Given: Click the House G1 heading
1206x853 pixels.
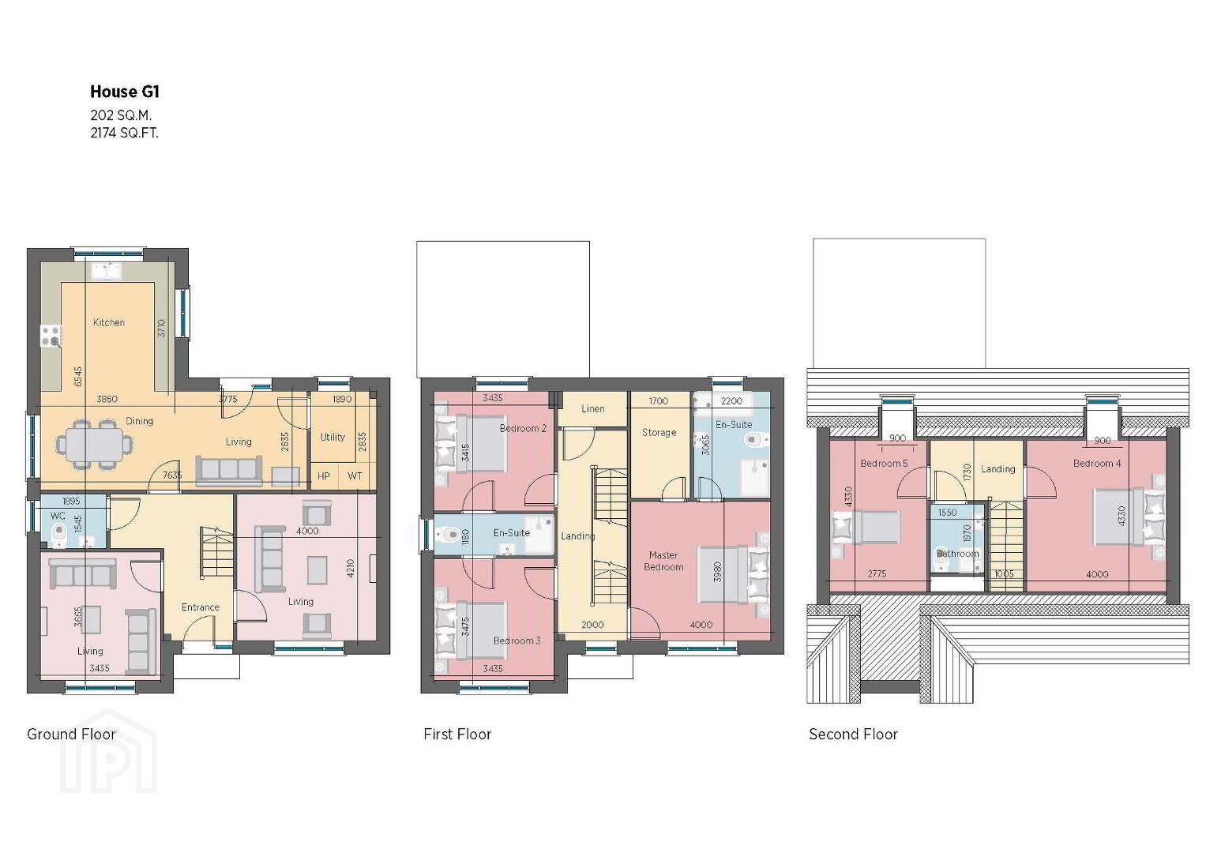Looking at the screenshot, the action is point(124,92).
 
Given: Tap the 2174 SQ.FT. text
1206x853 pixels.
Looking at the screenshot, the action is point(124,133).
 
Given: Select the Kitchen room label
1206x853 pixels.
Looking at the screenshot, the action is point(109,322).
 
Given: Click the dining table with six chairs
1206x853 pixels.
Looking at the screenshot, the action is point(95,444).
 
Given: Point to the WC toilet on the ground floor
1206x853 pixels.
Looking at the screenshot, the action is point(58,533).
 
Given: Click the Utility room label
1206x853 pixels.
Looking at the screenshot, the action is point(332,438).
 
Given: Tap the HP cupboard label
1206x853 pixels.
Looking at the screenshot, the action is point(324,476).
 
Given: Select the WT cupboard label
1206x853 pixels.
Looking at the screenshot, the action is point(355,476).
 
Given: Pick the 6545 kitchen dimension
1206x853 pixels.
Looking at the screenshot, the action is point(79,377).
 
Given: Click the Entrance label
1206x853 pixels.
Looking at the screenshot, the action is point(201,607).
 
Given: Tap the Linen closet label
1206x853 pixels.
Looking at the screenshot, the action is point(593,409).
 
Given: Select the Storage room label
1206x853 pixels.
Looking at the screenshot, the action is point(659,433).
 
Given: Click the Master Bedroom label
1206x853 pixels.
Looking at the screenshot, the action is point(663,561).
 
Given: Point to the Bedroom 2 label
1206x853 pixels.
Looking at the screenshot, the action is point(523,429).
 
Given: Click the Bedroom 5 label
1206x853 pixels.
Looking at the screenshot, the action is point(884,463).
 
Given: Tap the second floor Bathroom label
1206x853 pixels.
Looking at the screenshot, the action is point(957,554).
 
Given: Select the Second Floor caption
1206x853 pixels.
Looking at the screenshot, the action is point(853,735).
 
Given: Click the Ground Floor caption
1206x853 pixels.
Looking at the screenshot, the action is point(72,735).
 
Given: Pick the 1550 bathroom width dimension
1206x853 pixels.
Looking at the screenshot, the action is point(947,513).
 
